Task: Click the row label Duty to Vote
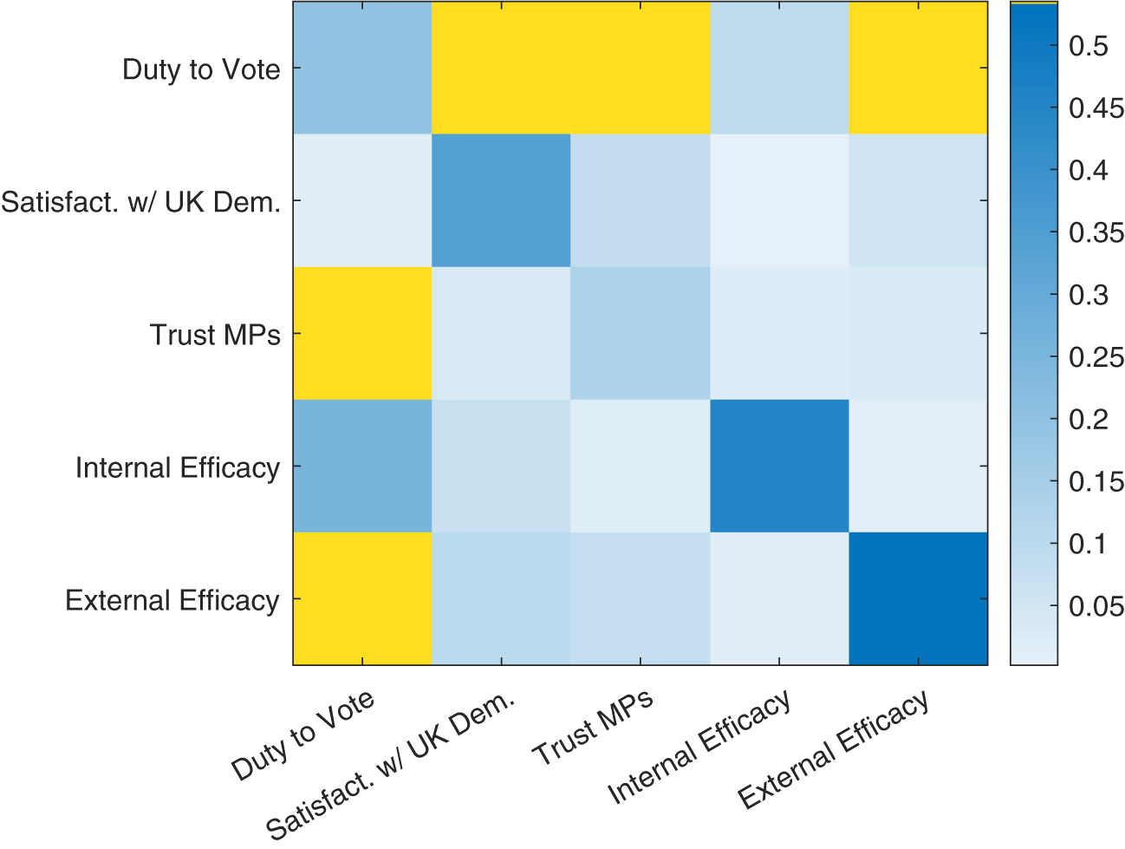pyautogui.click(x=201, y=69)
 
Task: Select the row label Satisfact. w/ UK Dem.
pyautogui.click(x=141, y=202)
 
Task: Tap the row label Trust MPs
pyautogui.click(x=215, y=335)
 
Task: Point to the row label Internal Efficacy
pyautogui.click(x=178, y=467)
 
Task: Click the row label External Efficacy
pyautogui.click(x=172, y=600)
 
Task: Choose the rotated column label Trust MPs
pyautogui.click(x=594, y=728)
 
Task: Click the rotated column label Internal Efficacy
pyautogui.click(x=699, y=747)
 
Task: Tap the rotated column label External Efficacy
pyautogui.click(x=834, y=749)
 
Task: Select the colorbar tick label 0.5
pyautogui.click(x=1089, y=46)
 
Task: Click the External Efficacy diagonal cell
pyautogui.click(x=918, y=598)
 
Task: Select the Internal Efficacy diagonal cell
pyautogui.click(x=779, y=466)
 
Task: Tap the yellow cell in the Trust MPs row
pyautogui.click(x=362, y=333)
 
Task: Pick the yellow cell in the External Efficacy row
pyautogui.click(x=362, y=598)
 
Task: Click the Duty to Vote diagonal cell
pyautogui.click(x=362, y=68)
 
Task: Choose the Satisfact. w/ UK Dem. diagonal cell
pyautogui.click(x=501, y=200)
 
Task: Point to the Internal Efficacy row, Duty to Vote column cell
pyautogui.click(x=362, y=466)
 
